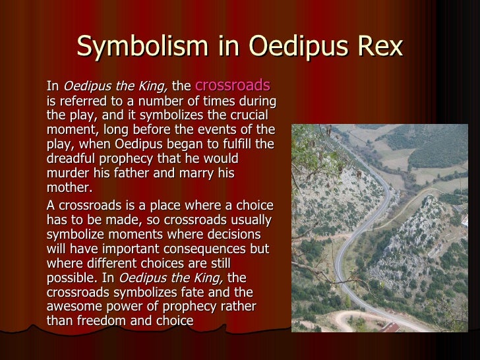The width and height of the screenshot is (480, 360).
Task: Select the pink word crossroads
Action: (233, 85)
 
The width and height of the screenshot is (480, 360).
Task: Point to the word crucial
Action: (251, 117)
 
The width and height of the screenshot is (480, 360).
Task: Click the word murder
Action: (69, 174)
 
